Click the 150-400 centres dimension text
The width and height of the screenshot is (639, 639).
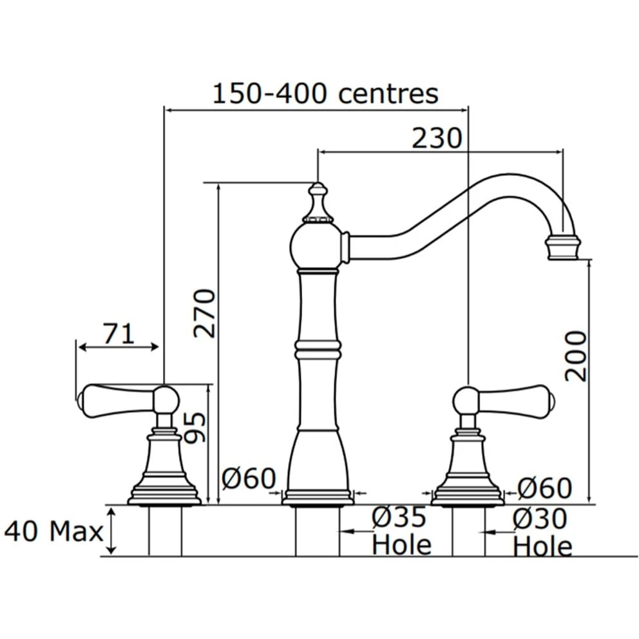325,94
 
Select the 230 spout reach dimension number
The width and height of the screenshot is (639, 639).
437,138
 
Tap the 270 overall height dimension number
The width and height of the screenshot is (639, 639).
204,313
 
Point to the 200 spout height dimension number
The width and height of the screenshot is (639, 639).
576,356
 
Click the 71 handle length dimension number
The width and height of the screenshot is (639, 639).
118,334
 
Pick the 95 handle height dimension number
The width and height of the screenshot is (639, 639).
195,428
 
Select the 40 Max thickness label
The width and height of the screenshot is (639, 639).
53,531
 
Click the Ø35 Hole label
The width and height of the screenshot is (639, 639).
401,531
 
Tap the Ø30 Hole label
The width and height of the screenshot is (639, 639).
542,532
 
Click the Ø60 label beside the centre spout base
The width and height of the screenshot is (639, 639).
249,478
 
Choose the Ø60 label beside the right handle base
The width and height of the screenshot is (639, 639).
545,488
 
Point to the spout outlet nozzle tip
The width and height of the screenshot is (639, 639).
562,247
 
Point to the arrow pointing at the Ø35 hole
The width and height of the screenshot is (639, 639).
357,531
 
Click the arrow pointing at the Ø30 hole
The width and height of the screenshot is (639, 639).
497,532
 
